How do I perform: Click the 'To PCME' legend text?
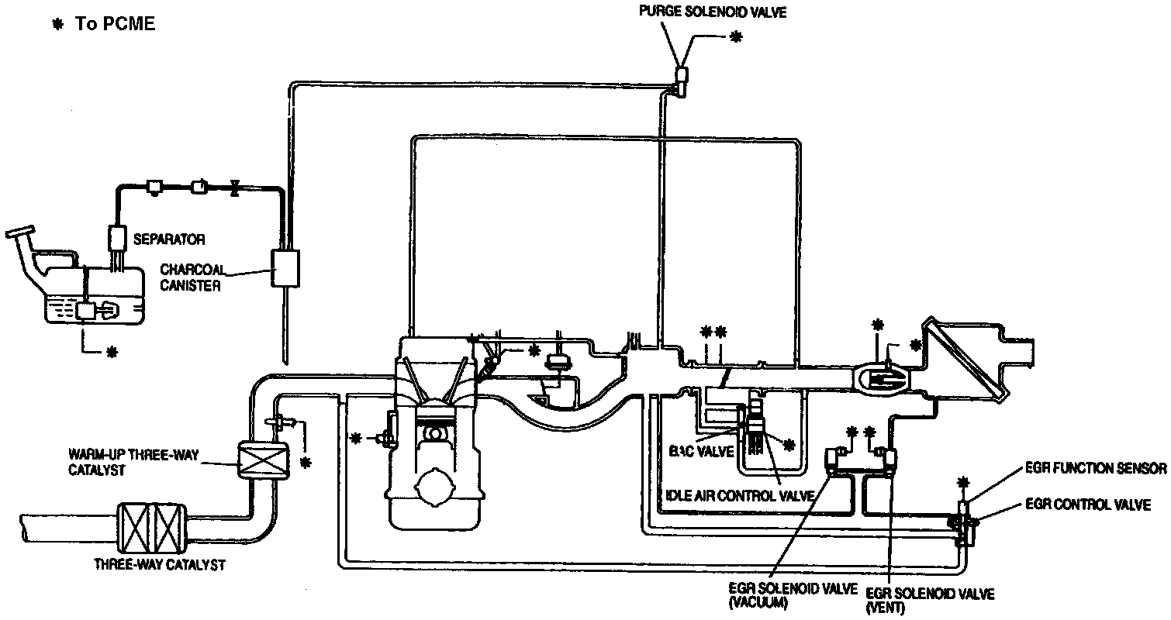tap(115, 24)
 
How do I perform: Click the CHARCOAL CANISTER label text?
tap(192, 277)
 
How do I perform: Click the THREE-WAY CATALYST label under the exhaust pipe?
tap(159, 565)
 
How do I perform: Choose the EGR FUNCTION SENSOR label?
tap(1096, 467)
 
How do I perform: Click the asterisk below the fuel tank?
tap(112, 352)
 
